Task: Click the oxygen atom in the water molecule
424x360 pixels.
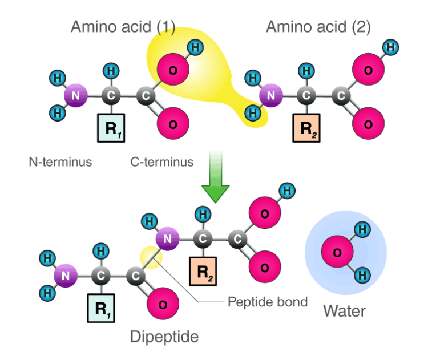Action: [336, 252]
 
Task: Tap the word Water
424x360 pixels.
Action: [344, 311]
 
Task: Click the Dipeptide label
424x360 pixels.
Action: [164, 337]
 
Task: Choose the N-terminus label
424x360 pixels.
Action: [60, 162]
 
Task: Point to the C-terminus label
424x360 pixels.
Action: [162, 162]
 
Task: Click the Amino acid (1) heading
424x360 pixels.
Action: [123, 27]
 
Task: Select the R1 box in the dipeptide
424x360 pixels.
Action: [101, 309]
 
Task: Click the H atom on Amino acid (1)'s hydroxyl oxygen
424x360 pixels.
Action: [195, 47]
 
